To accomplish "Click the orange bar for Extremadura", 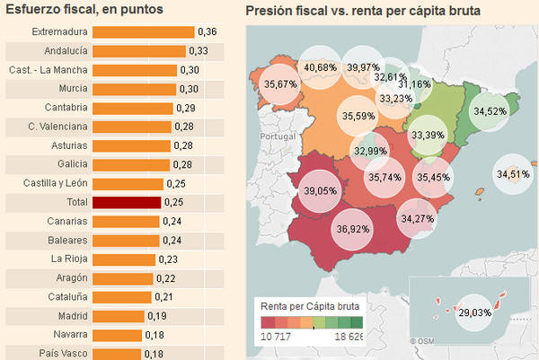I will click(143, 32).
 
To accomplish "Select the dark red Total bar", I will click(127, 203).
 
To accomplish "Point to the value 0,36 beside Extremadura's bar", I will click(208, 32).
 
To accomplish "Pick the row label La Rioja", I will click(69, 259).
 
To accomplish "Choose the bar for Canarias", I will click(126, 221).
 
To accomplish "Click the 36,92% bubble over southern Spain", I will click(353, 230).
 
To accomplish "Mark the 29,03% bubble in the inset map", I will click(473, 312).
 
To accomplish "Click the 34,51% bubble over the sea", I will click(513, 173).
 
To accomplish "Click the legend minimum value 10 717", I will click(278, 336).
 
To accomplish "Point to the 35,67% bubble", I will click(280, 83).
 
